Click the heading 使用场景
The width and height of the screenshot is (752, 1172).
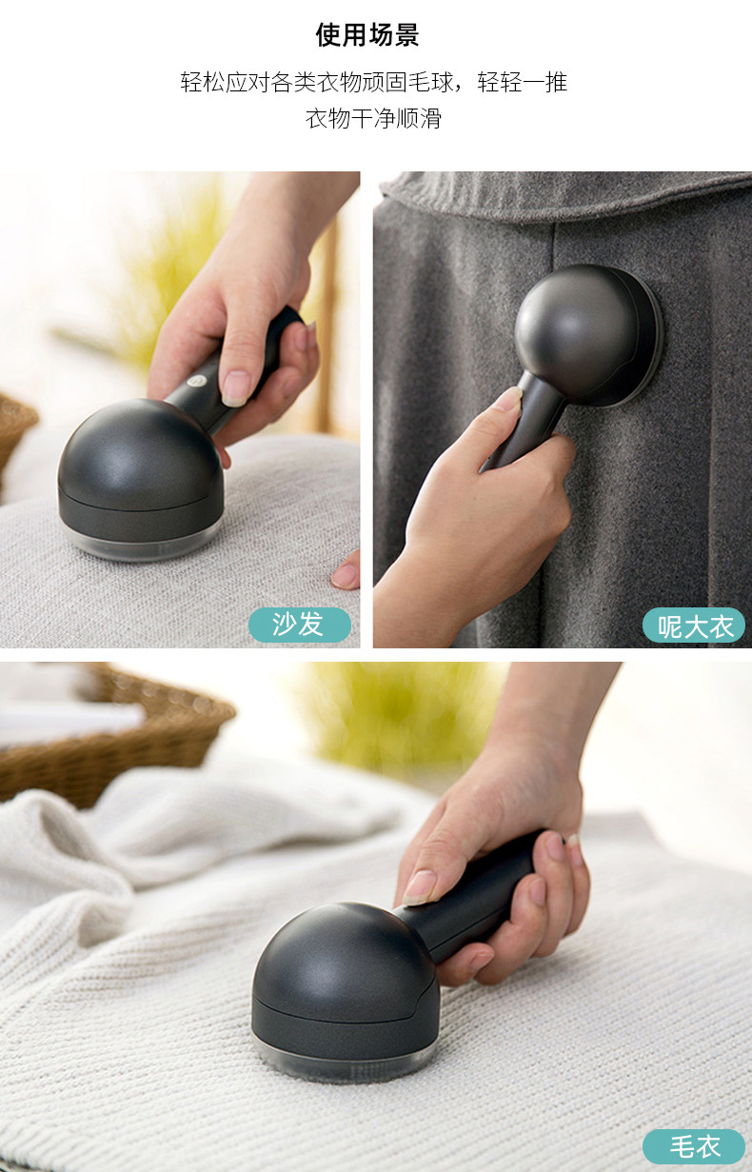(367, 35)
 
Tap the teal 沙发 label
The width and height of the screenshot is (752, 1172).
(299, 625)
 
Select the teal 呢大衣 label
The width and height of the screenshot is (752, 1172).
(693, 625)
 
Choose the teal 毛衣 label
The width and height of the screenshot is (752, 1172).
(693, 1147)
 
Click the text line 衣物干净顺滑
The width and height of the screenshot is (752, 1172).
(373, 118)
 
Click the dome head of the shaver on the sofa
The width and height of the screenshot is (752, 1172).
(140, 461)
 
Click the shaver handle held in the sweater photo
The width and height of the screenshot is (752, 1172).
(470, 900)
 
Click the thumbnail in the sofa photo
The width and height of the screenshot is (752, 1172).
(235, 388)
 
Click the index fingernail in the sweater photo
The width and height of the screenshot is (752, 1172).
(418, 887)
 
